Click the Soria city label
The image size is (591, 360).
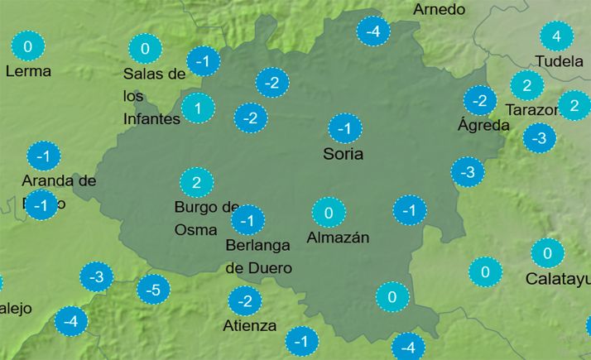(x=344, y=153)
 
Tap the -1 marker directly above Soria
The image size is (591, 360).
(x=345, y=129)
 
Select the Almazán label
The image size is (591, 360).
(x=337, y=238)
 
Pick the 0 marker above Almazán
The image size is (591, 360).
(x=329, y=214)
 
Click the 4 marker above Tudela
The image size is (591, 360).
(x=556, y=36)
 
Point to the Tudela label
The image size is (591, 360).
(x=560, y=61)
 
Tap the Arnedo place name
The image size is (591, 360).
(x=439, y=9)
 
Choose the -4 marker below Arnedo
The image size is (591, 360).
(x=373, y=32)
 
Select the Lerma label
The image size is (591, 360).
(x=28, y=71)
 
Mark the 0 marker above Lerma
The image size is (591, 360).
(x=29, y=46)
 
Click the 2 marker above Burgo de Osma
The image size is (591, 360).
(x=196, y=182)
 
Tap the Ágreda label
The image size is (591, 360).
(x=483, y=126)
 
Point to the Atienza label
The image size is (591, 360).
(x=250, y=325)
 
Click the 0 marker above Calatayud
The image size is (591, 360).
(x=547, y=252)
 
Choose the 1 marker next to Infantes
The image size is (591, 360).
(x=198, y=108)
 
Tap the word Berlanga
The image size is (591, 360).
(x=257, y=245)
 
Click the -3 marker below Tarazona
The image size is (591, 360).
(x=540, y=137)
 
